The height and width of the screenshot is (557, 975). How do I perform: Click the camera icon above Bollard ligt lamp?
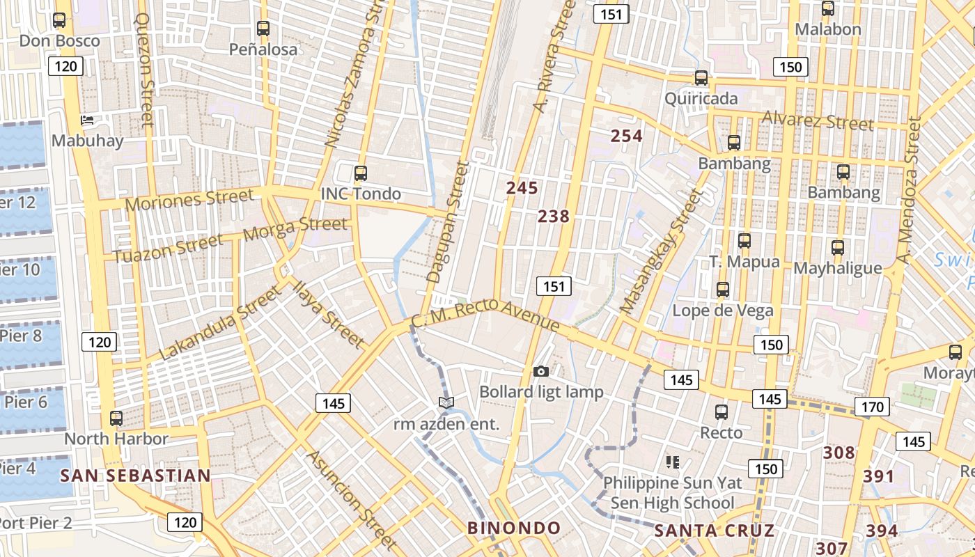540,372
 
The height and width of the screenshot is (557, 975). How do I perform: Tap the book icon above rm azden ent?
446,402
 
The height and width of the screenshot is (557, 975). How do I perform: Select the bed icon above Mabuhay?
87,120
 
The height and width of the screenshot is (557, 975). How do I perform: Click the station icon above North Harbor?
116,418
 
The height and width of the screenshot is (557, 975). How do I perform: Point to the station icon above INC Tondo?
360,173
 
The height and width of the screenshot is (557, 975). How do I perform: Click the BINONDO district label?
514,528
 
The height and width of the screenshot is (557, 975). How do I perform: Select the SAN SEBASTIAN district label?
135,476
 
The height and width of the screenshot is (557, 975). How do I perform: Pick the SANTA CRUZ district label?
714,531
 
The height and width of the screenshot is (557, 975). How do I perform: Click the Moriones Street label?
189,200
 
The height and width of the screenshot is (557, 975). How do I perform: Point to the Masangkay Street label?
662,253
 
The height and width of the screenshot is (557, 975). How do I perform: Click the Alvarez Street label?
818,120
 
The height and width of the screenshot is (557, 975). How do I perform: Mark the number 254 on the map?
626,136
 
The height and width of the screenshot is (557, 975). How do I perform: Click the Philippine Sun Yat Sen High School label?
672,492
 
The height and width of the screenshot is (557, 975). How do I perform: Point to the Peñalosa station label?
263,49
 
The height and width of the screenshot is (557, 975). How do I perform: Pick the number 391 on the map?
878,476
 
